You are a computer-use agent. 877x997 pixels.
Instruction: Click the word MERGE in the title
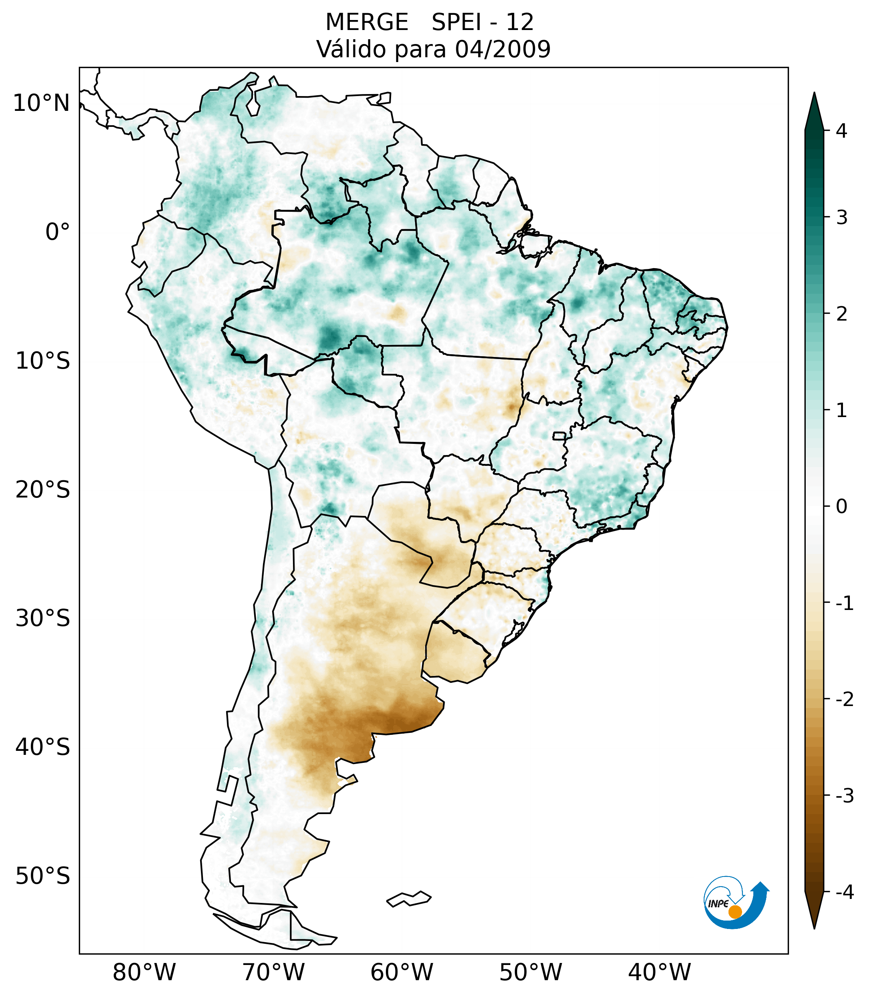pyautogui.click(x=366, y=22)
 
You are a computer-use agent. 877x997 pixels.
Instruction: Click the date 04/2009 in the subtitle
pyautogui.click(x=502, y=49)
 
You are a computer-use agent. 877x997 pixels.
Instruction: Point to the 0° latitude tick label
pyautogui.click(x=58, y=232)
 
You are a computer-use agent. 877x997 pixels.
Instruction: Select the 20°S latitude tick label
pyautogui.click(x=43, y=490)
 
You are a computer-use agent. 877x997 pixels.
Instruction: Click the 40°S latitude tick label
pyautogui.click(x=43, y=747)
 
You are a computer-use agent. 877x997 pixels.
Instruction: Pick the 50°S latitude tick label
pyautogui.click(x=43, y=877)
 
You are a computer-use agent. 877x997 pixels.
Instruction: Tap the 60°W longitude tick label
pyautogui.click(x=401, y=972)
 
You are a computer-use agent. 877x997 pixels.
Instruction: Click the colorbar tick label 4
pyautogui.click(x=841, y=131)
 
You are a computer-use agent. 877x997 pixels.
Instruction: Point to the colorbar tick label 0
pyautogui.click(x=841, y=507)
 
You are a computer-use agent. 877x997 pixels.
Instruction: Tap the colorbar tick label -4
pyautogui.click(x=844, y=893)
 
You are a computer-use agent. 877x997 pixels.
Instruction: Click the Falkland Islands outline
pyautogui.click(x=409, y=899)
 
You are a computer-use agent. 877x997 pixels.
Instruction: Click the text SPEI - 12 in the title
pyautogui.click(x=482, y=22)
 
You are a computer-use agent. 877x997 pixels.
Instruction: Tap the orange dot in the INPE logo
pyautogui.click(x=735, y=912)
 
